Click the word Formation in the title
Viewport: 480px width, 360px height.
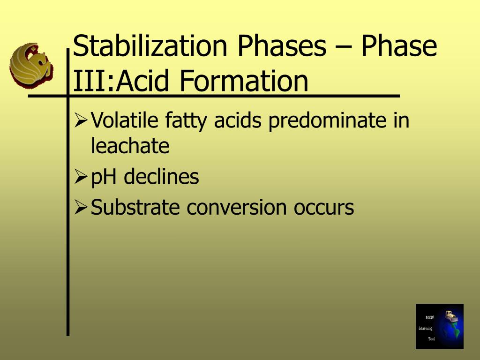click(244, 81)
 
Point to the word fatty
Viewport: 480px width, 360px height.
click(186, 121)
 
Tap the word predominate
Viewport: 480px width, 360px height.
click(327, 121)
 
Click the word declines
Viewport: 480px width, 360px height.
click(161, 176)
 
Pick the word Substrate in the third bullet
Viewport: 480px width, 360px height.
click(135, 207)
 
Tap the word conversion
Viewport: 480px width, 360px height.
click(237, 208)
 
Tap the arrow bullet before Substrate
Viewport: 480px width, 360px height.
click(81, 208)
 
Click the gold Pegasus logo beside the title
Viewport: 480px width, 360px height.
click(31, 65)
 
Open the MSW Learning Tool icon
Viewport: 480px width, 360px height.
click(440, 326)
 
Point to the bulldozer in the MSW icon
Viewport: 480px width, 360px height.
click(451, 316)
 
